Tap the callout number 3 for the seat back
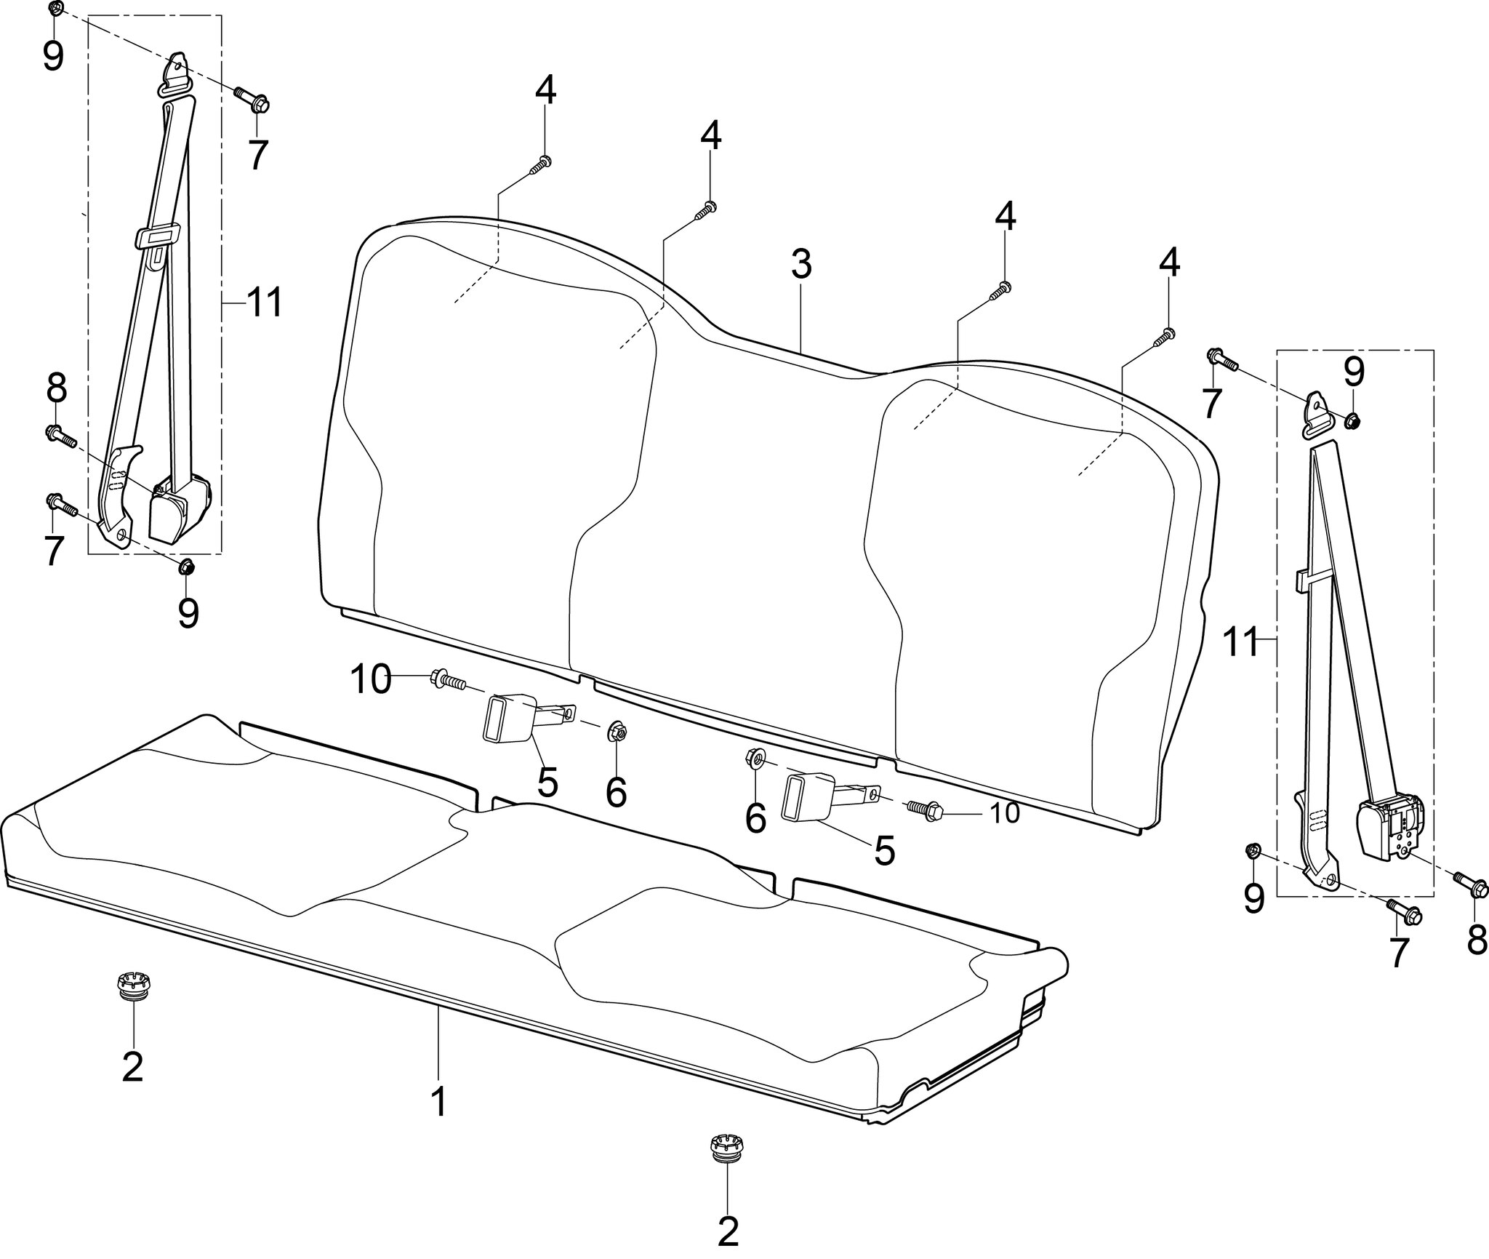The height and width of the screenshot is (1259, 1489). (x=800, y=266)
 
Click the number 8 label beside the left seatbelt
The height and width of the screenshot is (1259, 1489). (x=56, y=389)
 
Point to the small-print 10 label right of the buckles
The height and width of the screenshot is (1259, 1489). (x=1006, y=813)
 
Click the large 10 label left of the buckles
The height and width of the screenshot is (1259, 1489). (x=371, y=681)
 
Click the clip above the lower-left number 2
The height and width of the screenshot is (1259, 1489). (x=133, y=989)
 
